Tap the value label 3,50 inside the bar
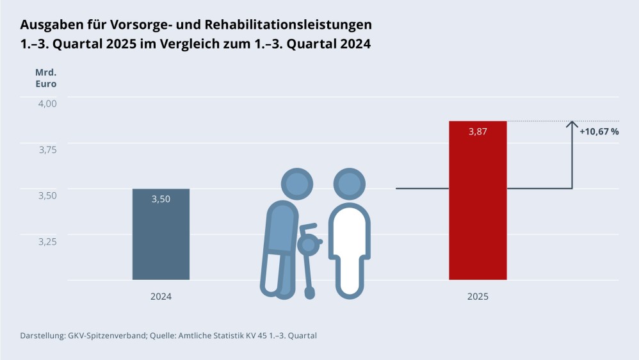[x=161, y=199]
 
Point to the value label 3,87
[x=478, y=131]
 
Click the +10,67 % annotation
[x=599, y=131]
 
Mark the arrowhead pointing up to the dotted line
[x=572, y=124]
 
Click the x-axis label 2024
[x=161, y=297]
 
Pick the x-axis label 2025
[x=478, y=297]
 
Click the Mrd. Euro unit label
[x=45, y=78]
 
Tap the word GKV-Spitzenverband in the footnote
[x=106, y=335]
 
